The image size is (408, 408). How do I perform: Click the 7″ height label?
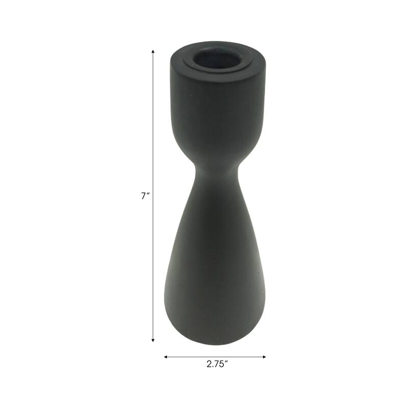point(144,196)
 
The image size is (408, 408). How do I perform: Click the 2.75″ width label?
point(217,364)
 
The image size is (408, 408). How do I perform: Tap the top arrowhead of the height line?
point(153,52)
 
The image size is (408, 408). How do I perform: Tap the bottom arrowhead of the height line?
point(153,340)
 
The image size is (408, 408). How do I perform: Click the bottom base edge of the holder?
point(214,343)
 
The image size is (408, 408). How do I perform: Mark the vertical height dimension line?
point(153,127)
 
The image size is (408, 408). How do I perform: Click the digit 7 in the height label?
point(143,196)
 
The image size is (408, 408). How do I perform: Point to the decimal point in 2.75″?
point(213,367)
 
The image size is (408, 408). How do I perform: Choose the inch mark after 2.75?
point(226,362)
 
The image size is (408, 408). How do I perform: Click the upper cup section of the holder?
point(217,112)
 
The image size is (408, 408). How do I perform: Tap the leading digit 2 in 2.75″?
point(209,364)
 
